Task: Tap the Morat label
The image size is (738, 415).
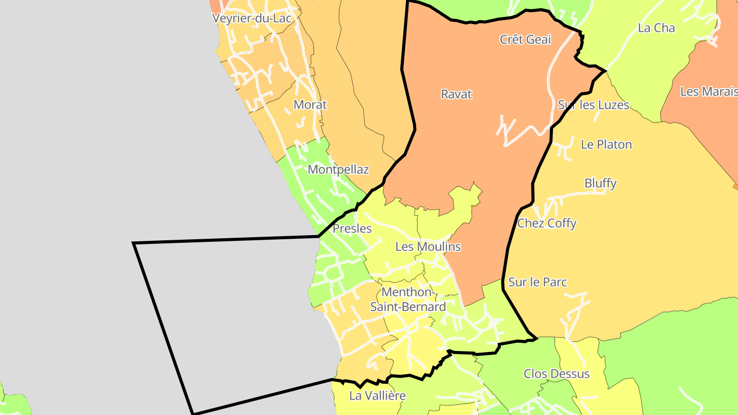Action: coord(310,105)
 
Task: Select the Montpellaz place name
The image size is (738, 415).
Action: coord(338,170)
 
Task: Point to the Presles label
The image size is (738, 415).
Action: coord(352,229)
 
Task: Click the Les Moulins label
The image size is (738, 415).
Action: coord(428,247)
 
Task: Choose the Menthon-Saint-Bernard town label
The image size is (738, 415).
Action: coord(408,300)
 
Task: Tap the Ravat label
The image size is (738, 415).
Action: coord(456,95)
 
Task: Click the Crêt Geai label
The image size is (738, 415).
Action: coord(525,39)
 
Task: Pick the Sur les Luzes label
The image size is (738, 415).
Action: coord(593,105)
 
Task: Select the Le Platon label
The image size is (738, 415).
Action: coord(606,145)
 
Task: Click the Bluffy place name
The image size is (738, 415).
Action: coord(600,183)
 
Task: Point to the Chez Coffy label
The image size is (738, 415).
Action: coord(546,223)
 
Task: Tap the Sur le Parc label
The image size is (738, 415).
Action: coord(538,282)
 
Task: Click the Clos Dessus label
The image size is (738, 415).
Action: coord(557,374)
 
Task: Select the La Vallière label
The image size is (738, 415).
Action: coord(377,396)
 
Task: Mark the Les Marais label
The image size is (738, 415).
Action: coord(708,92)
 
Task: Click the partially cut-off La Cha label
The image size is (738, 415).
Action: coord(657,28)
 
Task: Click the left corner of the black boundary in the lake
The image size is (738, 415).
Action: coord(134,243)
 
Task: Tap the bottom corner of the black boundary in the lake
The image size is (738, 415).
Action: coord(193,413)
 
